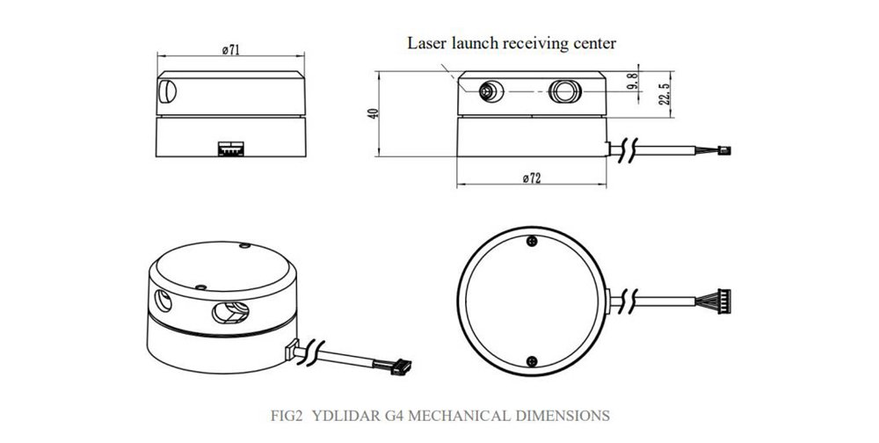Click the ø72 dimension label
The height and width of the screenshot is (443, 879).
coord(531,178)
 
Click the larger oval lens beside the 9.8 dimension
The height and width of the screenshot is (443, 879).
coord(563,91)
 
